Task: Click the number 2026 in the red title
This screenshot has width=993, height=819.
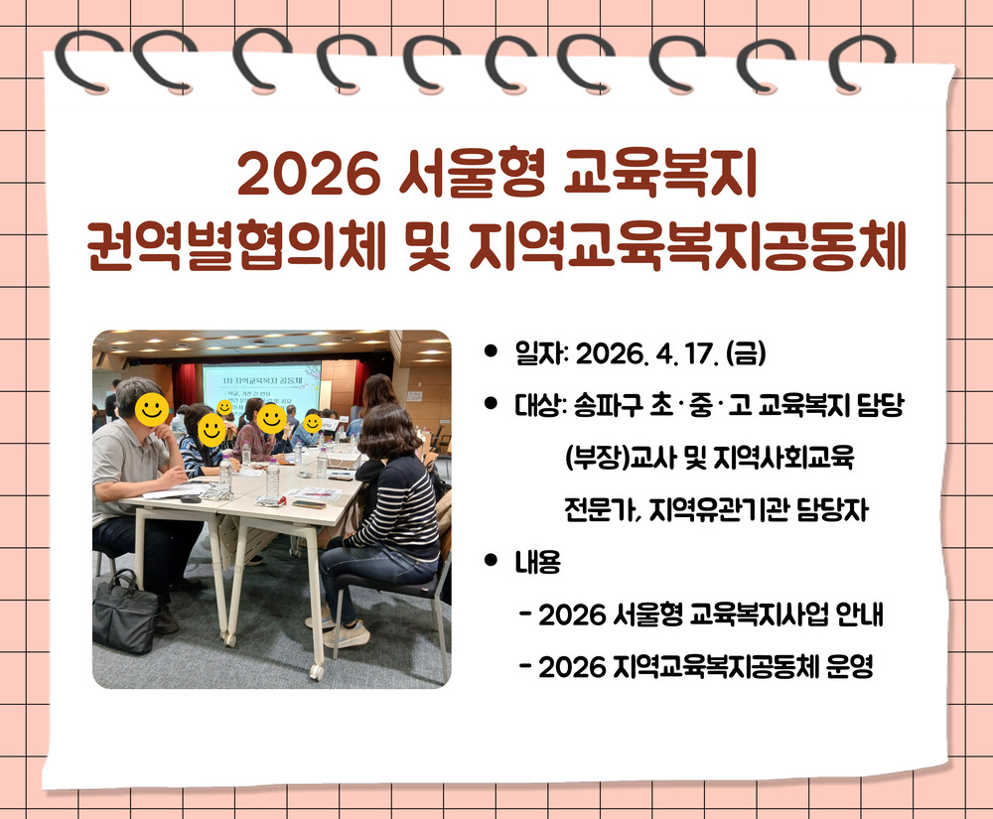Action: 308,174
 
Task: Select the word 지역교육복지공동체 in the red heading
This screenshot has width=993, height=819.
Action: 688,245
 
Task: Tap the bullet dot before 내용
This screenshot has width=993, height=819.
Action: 491,560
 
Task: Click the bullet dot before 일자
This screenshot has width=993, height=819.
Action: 491,351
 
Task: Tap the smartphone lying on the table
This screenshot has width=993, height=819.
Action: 309,503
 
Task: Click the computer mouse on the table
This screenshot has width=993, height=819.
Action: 190,498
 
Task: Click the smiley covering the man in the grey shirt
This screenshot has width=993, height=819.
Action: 152,409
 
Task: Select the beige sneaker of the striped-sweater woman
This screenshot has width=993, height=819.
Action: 347,634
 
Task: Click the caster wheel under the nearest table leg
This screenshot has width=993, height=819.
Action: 316,670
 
